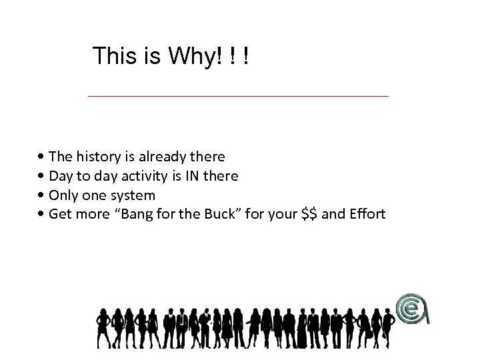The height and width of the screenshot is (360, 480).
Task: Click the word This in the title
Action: pyautogui.click(x=115, y=56)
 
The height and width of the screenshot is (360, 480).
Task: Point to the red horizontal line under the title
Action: pyautogui.click(x=238, y=97)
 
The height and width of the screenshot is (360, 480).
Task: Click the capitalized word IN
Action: pyautogui.click(x=194, y=176)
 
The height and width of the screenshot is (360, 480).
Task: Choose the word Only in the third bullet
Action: pyautogui.click(x=65, y=195)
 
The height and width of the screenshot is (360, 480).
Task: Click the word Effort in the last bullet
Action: pyautogui.click(x=365, y=215)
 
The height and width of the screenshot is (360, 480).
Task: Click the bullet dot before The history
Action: pyautogui.click(x=42, y=157)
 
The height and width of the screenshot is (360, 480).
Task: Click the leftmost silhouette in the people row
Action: pyautogui.click(x=103, y=327)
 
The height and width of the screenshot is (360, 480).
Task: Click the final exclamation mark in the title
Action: pyautogui.click(x=247, y=56)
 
